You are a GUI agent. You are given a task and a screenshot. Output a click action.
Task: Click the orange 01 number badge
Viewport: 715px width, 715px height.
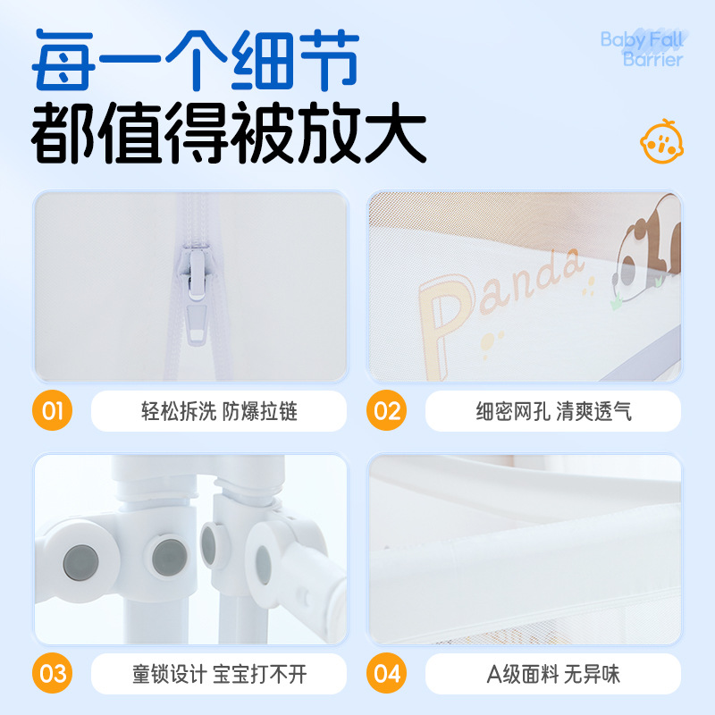53,411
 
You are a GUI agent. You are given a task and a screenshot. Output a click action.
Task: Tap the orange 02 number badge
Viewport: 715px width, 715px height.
387,411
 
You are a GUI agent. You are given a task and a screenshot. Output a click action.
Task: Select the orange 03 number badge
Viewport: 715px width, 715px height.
53,673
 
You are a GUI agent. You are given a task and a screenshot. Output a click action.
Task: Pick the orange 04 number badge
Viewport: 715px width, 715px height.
387,673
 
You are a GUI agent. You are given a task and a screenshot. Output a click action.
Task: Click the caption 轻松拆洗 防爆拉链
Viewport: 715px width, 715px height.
219,411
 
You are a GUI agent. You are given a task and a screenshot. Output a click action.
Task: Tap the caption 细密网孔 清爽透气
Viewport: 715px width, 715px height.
553,411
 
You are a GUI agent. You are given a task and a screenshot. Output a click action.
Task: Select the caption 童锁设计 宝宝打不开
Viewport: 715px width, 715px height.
219,673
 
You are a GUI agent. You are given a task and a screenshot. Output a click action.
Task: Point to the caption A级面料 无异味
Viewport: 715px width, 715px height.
553,673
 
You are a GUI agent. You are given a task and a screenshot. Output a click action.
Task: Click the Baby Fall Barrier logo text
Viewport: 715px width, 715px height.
641,49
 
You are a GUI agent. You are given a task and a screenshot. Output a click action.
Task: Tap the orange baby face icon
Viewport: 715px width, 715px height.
660,139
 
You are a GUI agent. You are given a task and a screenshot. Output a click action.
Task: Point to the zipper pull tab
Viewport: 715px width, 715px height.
196,326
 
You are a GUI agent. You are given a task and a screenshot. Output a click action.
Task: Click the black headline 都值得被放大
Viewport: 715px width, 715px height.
228,134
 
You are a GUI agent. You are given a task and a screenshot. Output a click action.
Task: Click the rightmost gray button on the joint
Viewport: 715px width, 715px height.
264,563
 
